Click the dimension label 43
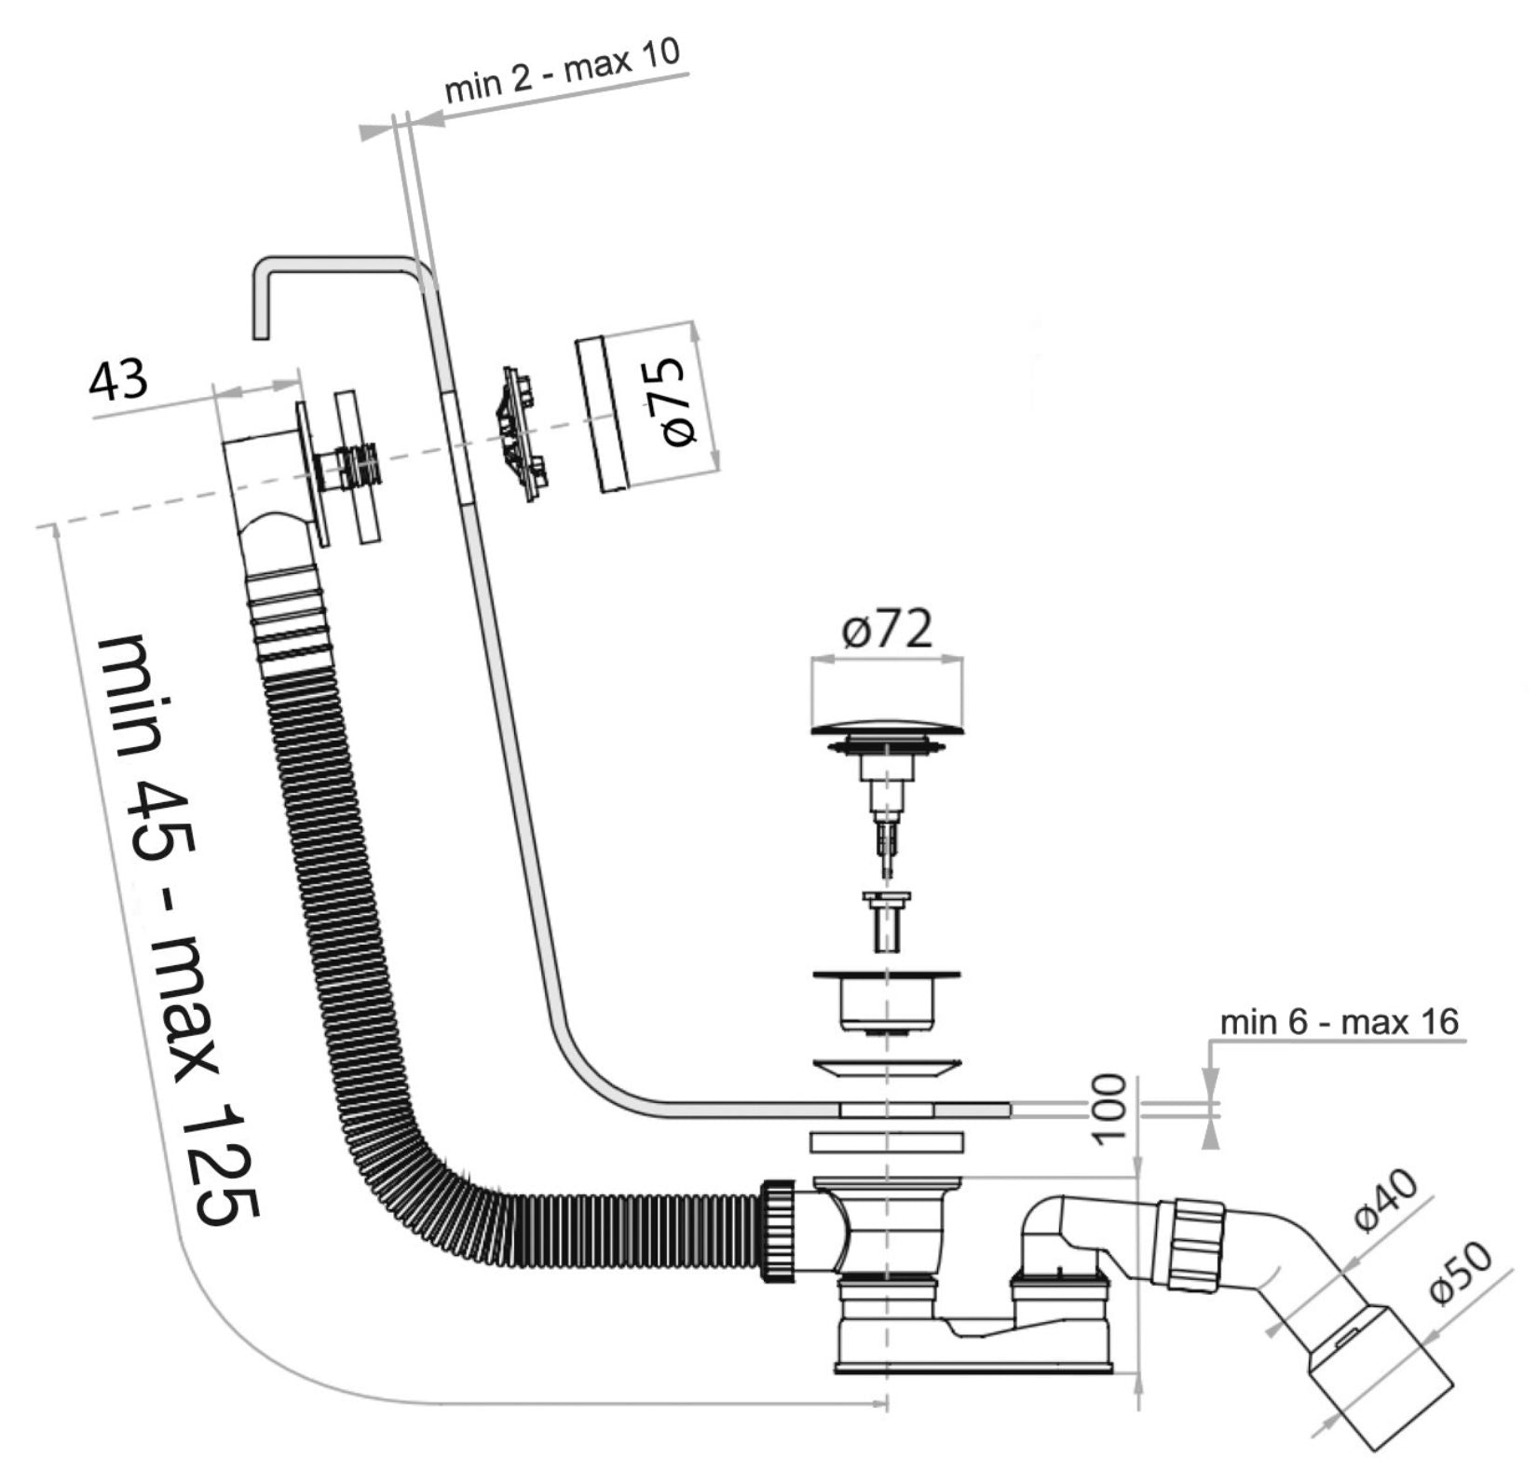tap(118, 379)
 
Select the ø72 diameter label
tap(886, 631)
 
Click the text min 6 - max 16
tap(1339, 1022)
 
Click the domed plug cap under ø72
tap(886, 725)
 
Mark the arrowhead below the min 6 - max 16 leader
tap(1210, 1132)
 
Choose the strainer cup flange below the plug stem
tap(886, 976)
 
